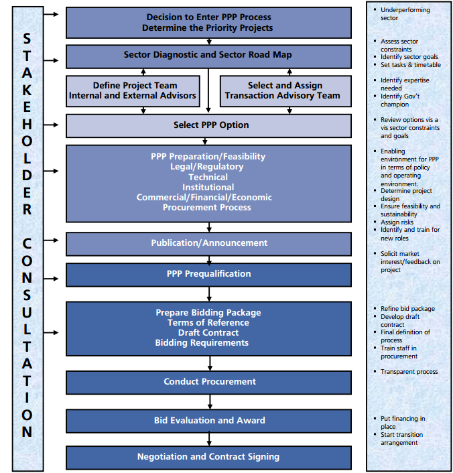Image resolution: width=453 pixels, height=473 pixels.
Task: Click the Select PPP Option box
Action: [208, 125]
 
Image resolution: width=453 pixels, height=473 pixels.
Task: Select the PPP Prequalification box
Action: [208, 274]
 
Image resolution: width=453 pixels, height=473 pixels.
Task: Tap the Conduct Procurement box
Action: [208, 382]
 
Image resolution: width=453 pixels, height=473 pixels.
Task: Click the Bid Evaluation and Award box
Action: [208, 421]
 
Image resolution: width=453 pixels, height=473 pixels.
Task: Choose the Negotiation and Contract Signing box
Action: [208, 457]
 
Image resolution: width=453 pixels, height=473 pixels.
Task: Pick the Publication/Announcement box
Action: [208, 243]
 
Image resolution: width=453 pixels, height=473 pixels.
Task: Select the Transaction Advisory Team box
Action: [285, 91]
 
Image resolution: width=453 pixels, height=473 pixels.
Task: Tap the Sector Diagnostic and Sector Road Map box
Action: [208, 56]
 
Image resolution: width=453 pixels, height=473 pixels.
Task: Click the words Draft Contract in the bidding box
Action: [208, 333]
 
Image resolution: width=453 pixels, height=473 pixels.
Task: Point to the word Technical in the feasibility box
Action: [208, 177]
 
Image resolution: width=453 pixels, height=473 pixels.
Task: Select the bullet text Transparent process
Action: [409, 372]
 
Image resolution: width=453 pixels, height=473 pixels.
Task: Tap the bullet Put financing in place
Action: [402, 423]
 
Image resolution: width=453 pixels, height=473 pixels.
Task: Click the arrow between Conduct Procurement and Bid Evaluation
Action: [210, 401]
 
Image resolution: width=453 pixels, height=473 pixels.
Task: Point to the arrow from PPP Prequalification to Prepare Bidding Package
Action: [210, 293]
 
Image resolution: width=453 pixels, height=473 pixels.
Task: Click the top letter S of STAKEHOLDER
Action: [27, 40]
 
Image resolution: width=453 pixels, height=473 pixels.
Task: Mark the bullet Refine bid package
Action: [407, 309]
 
